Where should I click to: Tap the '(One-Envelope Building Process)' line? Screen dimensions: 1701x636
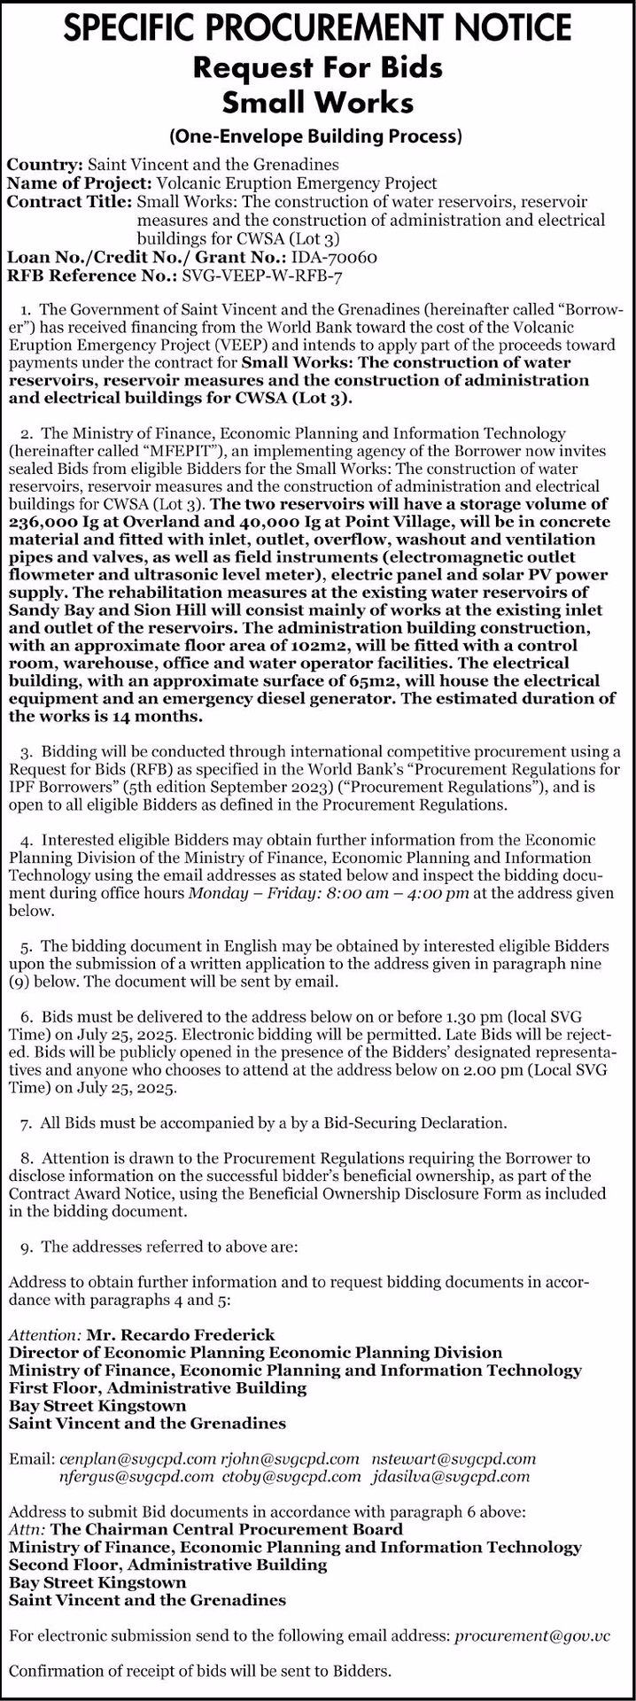318,136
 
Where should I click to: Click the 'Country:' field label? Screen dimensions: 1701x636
45,165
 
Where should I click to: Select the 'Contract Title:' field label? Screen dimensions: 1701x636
70,202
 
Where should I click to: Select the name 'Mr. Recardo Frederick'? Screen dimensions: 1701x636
181,1334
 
